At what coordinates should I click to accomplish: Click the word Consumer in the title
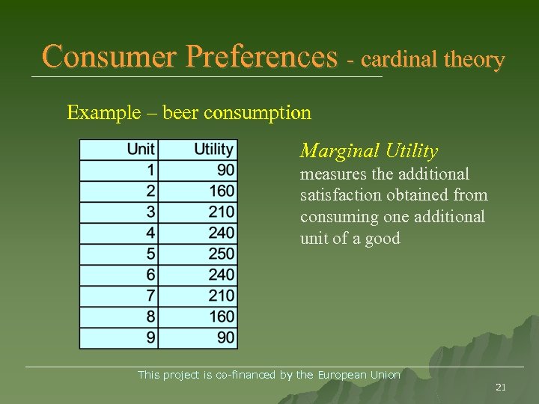110,57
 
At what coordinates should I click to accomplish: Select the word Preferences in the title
261,57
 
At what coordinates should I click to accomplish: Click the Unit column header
141,150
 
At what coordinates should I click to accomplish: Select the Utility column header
214,150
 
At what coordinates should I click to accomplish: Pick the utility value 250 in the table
222,254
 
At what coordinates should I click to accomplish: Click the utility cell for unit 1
225,171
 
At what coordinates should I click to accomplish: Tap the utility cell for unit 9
225,337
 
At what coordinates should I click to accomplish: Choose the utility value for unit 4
222,233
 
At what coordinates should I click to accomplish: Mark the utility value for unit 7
222,296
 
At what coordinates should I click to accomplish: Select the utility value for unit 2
222,192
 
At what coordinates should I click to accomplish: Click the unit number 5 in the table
150,254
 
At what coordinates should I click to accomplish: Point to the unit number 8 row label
150,316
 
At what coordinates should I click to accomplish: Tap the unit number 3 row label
150,212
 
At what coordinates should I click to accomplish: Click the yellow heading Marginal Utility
369,151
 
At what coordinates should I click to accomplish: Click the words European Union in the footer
359,375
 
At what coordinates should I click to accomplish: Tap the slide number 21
501,387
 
